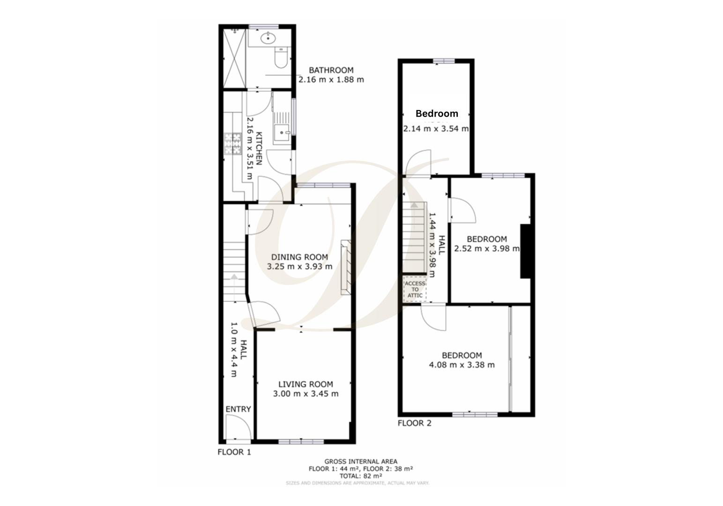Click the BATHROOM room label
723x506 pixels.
click(x=331, y=70)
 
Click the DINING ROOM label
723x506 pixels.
click(x=299, y=257)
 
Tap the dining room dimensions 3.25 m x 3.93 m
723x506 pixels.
click(x=299, y=267)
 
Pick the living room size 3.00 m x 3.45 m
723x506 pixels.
click(x=306, y=394)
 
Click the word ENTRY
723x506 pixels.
click(x=238, y=409)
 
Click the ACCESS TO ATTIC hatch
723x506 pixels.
click(x=415, y=290)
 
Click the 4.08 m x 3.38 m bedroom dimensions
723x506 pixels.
click(x=462, y=365)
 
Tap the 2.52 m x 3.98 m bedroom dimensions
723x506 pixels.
click(x=487, y=249)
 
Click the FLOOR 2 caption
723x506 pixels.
click(x=414, y=424)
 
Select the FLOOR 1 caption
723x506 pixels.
click(x=234, y=452)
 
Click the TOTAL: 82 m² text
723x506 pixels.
click(x=360, y=476)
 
